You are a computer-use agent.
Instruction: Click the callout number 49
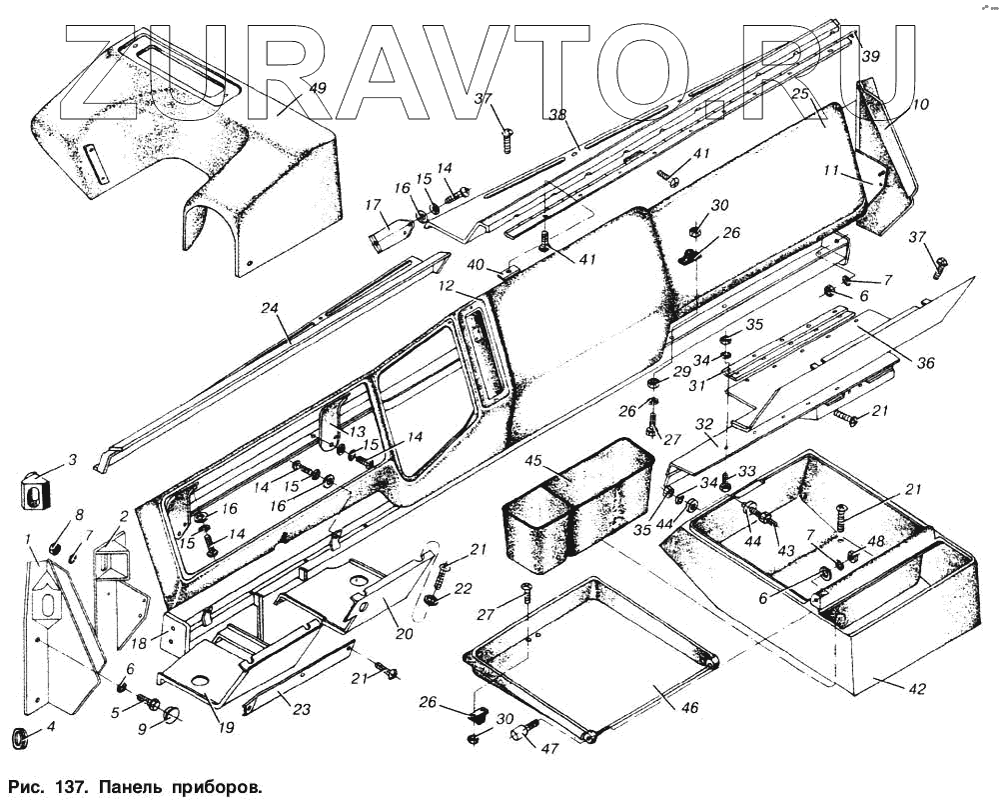click(x=317, y=89)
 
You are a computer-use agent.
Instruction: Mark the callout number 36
click(x=926, y=364)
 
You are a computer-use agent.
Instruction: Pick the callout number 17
click(x=374, y=208)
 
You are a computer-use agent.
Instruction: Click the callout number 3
click(x=71, y=460)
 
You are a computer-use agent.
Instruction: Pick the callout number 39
click(x=870, y=57)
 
